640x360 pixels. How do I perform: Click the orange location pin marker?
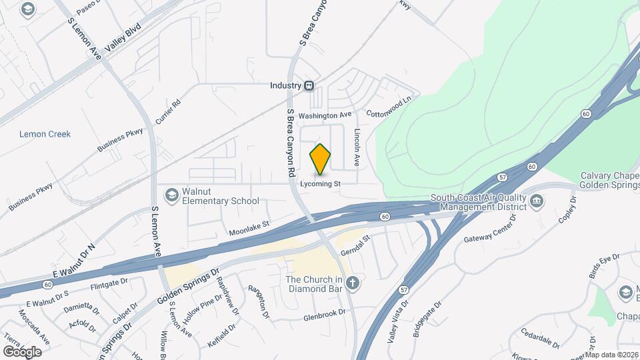coord(320,159)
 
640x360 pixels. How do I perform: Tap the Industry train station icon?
coord(309,85)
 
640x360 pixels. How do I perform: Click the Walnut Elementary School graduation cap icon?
coord(172,195)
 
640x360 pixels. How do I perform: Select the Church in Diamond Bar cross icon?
coord(353,283)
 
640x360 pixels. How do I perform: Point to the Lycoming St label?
coord(321,183)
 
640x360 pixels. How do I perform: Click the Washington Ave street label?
coord(325,115)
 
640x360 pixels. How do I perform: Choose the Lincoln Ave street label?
coord(357,147)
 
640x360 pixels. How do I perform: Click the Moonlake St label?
coord(249,229)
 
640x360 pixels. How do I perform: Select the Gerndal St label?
coord(355,246)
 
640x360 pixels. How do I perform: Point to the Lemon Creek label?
coord(45,134)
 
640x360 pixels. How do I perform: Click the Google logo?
coord(22,351)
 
